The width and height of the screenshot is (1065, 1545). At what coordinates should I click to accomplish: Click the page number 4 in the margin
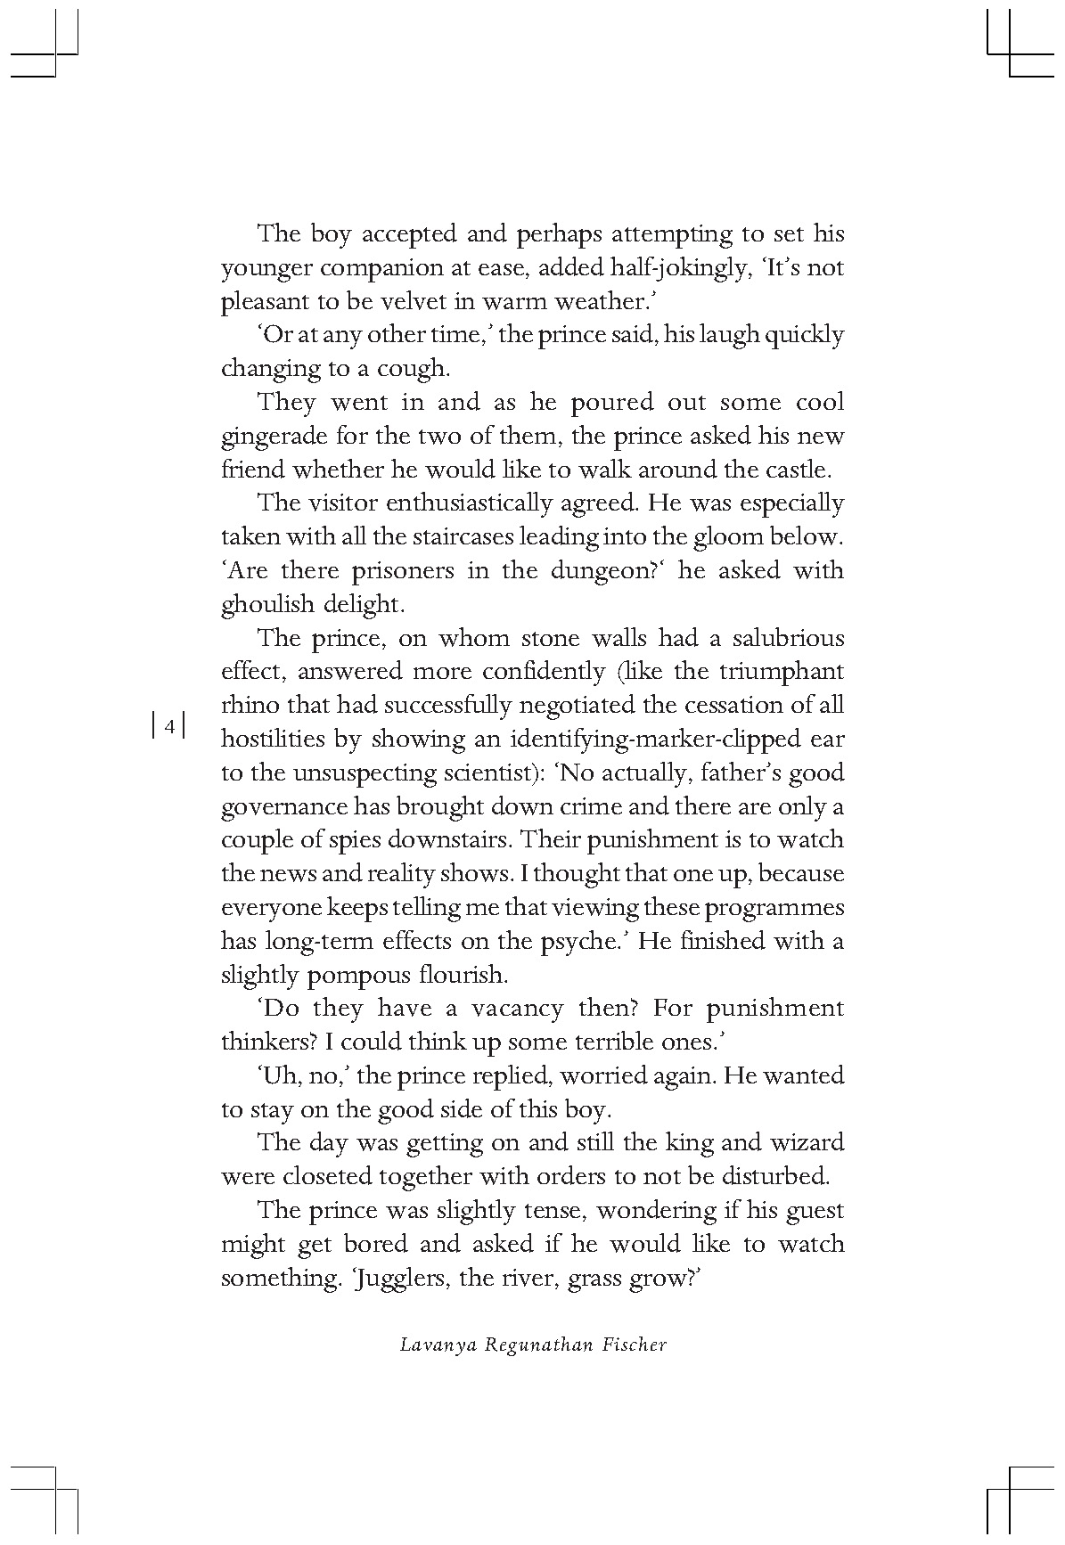point(168,725)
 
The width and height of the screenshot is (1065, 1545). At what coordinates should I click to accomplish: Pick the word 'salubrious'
point(788,638)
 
